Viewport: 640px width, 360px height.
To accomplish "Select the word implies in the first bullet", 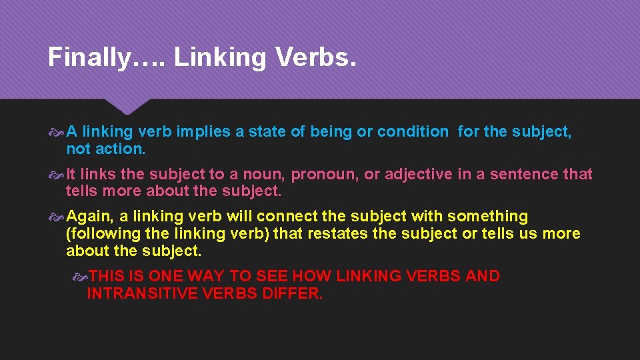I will (205, 132).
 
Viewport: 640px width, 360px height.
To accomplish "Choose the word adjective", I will (418, 174).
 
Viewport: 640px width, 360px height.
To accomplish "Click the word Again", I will (91, 217).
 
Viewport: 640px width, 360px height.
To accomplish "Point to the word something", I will (487, 216).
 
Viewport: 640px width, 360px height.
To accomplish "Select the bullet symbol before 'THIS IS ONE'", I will (79, 276).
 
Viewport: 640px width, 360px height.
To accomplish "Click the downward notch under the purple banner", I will (131, 107).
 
